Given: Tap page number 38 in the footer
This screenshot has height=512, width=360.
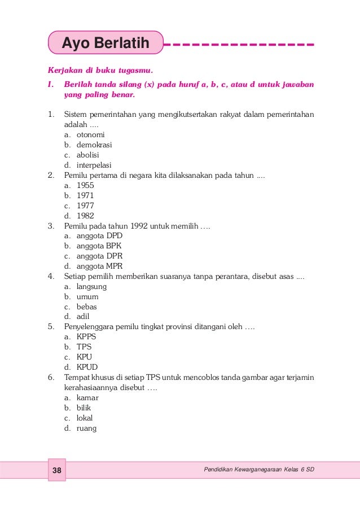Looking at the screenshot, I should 56,470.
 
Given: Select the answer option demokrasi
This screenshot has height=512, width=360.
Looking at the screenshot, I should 94,145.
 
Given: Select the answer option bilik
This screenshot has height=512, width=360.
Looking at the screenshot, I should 84,408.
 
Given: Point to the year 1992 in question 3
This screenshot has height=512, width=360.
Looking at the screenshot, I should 141,226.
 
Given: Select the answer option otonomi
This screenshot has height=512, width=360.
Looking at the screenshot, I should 91,135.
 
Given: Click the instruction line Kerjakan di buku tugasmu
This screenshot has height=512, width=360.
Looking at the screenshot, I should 100,72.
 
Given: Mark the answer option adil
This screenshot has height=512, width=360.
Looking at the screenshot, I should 83,317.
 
